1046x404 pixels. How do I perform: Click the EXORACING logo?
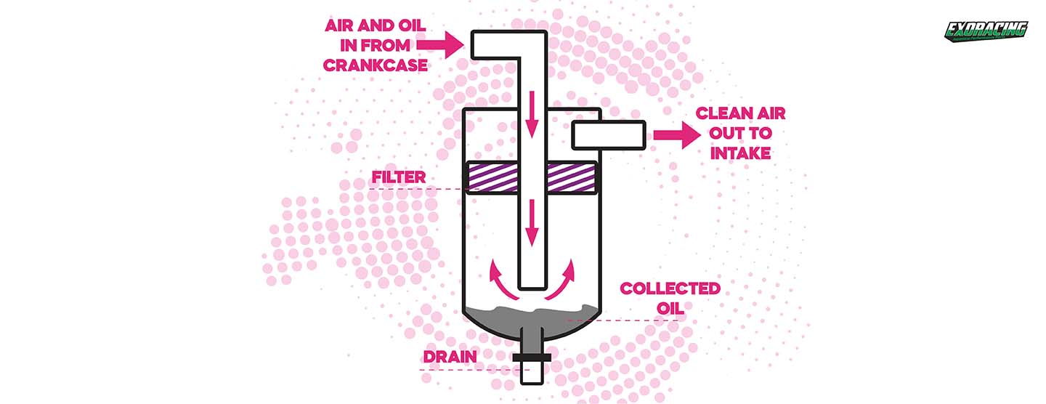point(985,31)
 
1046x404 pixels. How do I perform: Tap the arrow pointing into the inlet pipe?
point(445,44)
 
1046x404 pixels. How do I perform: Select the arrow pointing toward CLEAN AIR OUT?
point(675,134)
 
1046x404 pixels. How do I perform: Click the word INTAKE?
point(740,153)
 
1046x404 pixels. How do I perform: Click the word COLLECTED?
point(670,288)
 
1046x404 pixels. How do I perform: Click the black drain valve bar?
point(532,357)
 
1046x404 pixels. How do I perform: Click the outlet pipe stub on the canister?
point(609,134)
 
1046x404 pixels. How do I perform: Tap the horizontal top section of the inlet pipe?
point(501,45)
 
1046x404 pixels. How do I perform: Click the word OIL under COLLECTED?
point(670,308)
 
